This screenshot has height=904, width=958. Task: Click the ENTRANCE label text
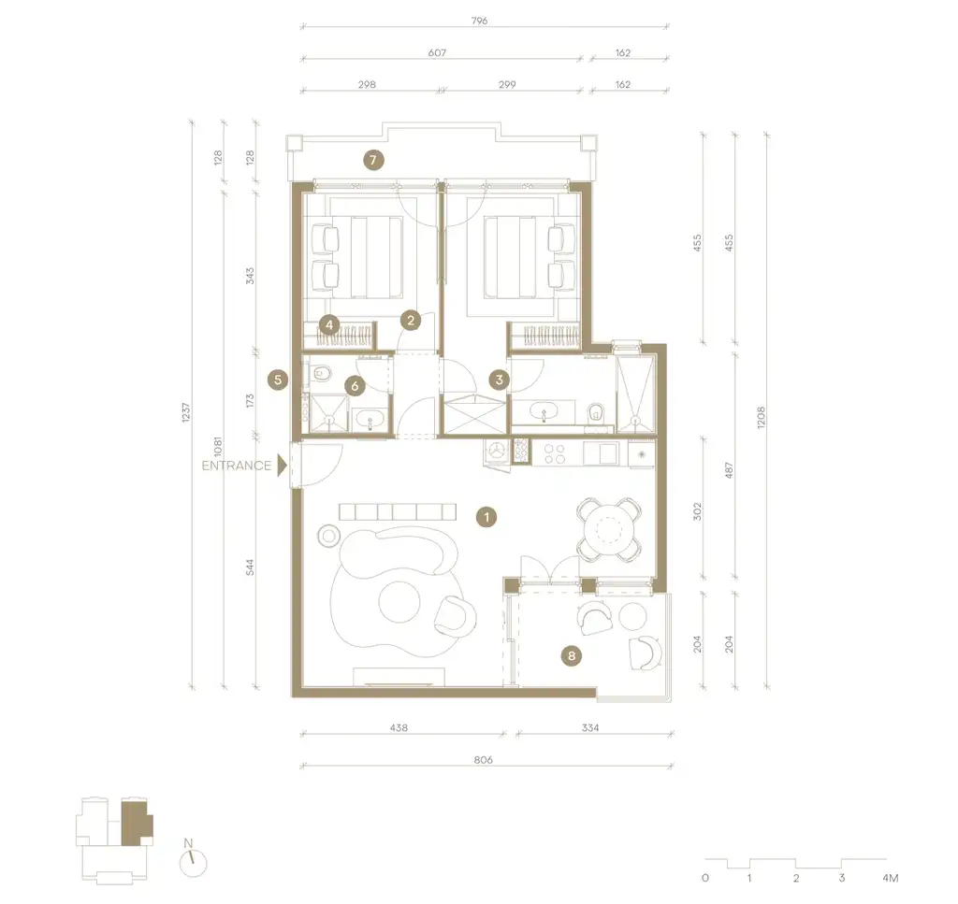tap(237, 466)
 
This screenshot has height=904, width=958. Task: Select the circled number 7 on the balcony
tap(372, 160)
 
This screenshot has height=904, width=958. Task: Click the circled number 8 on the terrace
tap(573, 656)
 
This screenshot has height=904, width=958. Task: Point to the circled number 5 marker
tap(276, 380)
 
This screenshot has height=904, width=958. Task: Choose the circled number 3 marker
tap(500, 380)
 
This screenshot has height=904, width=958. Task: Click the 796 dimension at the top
tap(480, 20)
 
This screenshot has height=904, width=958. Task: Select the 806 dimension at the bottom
tap(483, 760)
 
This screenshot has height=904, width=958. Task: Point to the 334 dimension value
tap(589, 726)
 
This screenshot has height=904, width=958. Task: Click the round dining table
tap(609, 529)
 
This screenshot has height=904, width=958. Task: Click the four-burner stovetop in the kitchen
tap(554, 453)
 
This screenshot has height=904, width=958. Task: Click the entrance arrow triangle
tap(281, 466)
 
